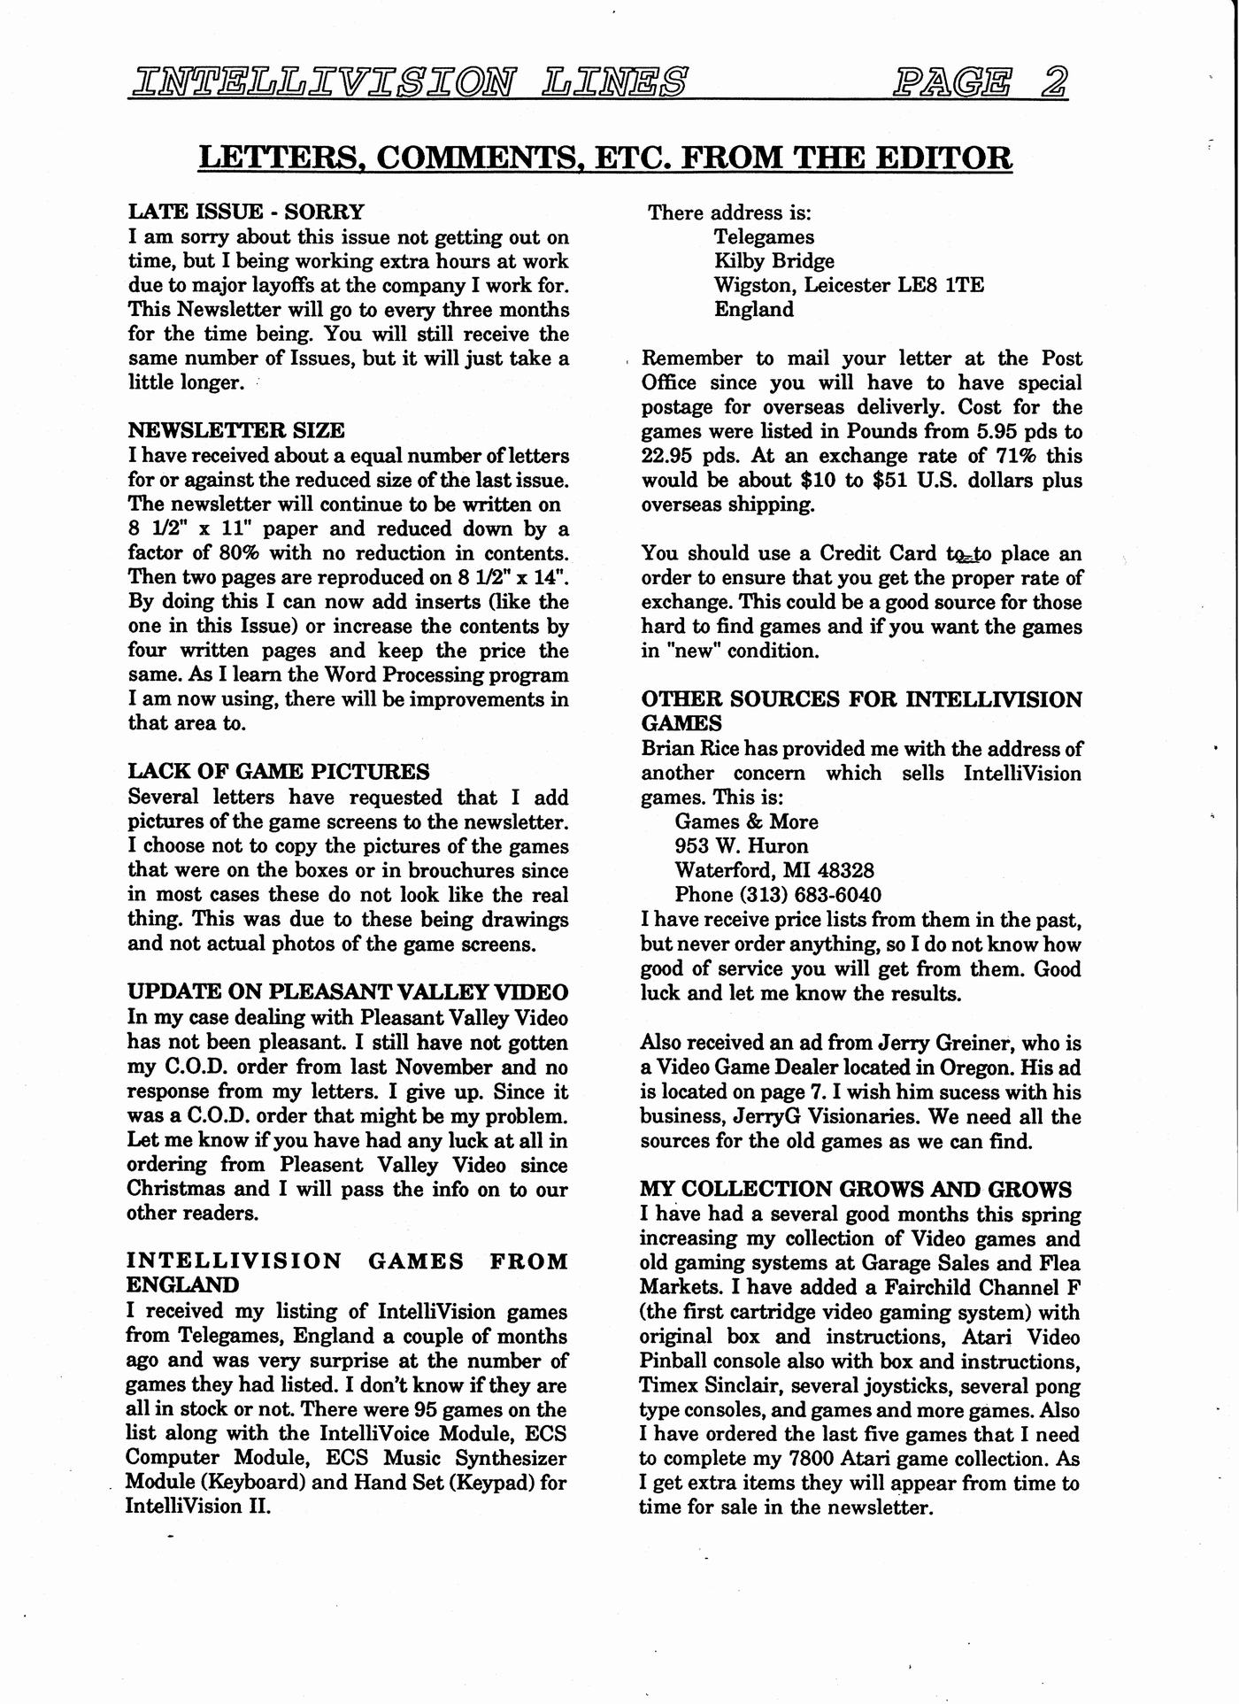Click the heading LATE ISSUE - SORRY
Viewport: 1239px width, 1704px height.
tap(246, 212)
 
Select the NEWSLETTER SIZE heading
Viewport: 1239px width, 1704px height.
tap(236, 431)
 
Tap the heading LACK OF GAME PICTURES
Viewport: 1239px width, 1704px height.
tap(279, 772)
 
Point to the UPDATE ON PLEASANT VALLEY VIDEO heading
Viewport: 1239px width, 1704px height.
tap(348, 992)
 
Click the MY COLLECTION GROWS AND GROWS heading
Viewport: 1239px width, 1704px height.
tap(856, 1189)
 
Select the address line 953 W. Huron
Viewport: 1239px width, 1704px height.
tap(742, 845)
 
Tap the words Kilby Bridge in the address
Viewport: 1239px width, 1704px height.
tap(774, 261)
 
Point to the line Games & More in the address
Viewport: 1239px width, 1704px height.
tap(746, 821)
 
